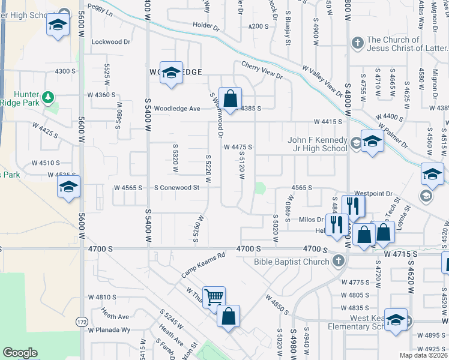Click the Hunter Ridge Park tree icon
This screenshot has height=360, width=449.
(x=48, y=97)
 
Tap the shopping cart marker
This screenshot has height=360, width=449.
(x=214, y=296)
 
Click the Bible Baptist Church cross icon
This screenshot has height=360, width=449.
(x=339, y=261)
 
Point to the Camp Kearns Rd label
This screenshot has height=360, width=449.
(x=203, y=264)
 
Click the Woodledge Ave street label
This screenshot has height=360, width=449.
(x=176, y=109)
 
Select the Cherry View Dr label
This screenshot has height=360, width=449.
(x=262, y=70)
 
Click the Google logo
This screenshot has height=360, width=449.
(x=20, y=353)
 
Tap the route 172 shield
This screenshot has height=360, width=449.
(x=81, y=323)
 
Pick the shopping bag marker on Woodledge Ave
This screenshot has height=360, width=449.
(x=230, y=97)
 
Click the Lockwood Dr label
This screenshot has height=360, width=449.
(x=110, y=42)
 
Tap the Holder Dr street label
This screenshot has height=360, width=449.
(x=208, y=25)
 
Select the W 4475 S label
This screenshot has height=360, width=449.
(x=237, y=147)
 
